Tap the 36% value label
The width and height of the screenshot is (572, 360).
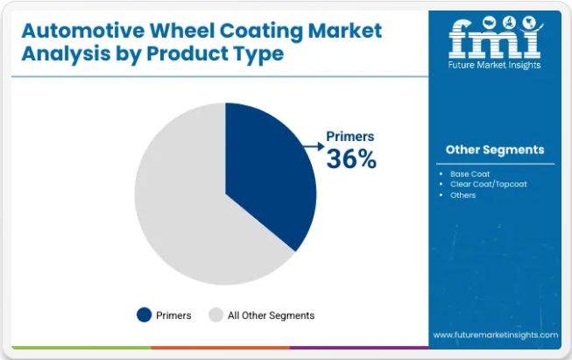tap(351, 159)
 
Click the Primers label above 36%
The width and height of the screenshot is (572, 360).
tap(350, 136)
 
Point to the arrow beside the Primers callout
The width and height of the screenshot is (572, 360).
tap(314, 146)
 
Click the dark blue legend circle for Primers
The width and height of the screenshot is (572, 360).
tap(144, 315)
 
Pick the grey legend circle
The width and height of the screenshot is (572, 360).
tap(215, 315)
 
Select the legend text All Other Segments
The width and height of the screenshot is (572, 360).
tap(271, 315)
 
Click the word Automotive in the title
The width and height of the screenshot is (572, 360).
tap(83, 31)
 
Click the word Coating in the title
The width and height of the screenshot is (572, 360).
tap(261, 32)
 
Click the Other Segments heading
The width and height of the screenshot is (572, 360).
tap(495, 150)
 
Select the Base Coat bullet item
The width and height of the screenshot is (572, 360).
tap(470, 174)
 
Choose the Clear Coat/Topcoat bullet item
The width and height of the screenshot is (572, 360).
tap(489, 184)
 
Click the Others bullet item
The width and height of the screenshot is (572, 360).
tap(463, 195)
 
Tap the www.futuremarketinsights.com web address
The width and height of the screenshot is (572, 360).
tap(496, 335)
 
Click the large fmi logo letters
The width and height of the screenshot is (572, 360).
tap(495, 39)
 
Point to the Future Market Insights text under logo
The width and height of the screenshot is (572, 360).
tap(494, 65)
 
